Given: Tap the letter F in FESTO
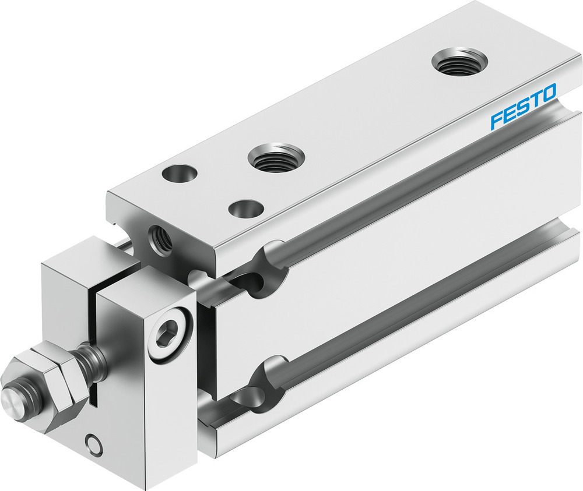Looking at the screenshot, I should (497, 119).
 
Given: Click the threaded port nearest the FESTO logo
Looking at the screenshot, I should (459, 62).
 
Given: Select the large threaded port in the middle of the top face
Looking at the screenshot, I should (276, 158).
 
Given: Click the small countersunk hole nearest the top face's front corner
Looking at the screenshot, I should (245, 209).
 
